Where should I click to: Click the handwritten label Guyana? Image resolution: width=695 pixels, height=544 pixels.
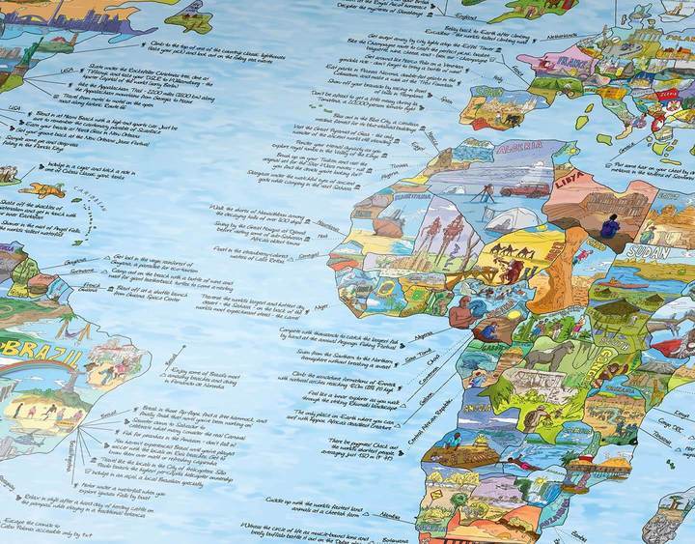tap(74, 261)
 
